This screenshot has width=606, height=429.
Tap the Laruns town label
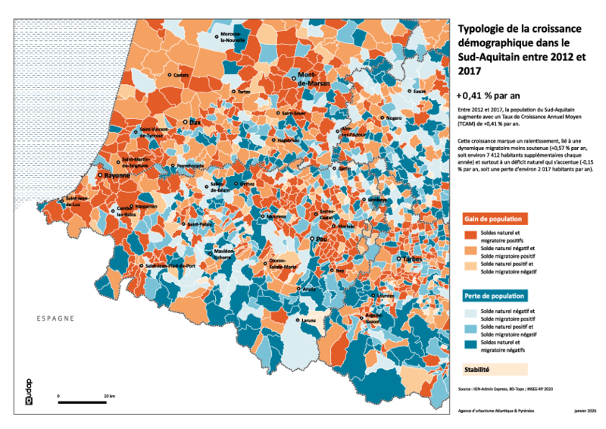(308, 321)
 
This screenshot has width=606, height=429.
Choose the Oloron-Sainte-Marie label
(283, 263)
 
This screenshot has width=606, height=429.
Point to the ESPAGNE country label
(55, 318)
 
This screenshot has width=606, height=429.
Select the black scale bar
(86, 402)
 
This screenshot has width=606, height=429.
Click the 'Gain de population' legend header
(492, 218)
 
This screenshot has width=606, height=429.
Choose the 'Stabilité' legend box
(492, 370)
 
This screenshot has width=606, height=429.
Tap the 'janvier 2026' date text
(586, 410)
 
